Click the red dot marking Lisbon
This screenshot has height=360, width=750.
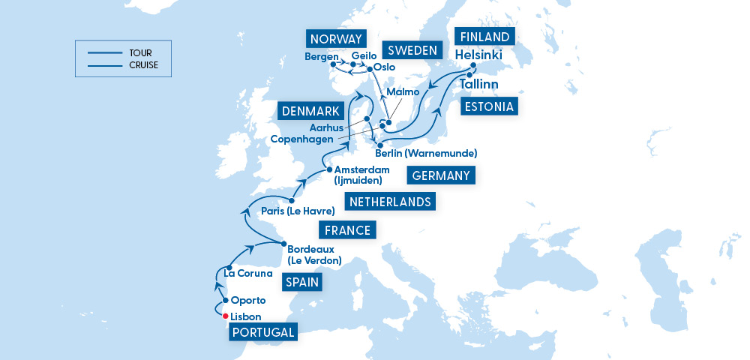click(x=225, y=316)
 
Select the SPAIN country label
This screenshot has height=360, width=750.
click(x=303, y=283)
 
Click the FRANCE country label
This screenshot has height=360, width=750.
click(x=347, y=230)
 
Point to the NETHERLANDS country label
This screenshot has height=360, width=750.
click(x=390, y=202)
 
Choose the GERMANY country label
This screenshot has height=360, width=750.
click(x=442, y=175)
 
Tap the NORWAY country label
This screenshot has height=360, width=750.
click(x=335, y=39)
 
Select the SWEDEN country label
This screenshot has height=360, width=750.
click(x=412, y=50)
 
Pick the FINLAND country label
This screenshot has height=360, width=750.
click(x=484, y=37)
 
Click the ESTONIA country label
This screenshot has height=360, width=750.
click(x=489, y=106)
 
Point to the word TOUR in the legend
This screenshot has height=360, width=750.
click(x=140, y=52)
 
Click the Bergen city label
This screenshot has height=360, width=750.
click(x=322, y=56)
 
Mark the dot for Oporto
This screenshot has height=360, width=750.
click(x=225, y=300)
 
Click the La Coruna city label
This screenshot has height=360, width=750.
click(x=248, y=273)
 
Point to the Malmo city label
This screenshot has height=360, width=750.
click(x=402, y=91)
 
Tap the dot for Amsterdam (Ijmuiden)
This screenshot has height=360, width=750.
click(x=329, y=169)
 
